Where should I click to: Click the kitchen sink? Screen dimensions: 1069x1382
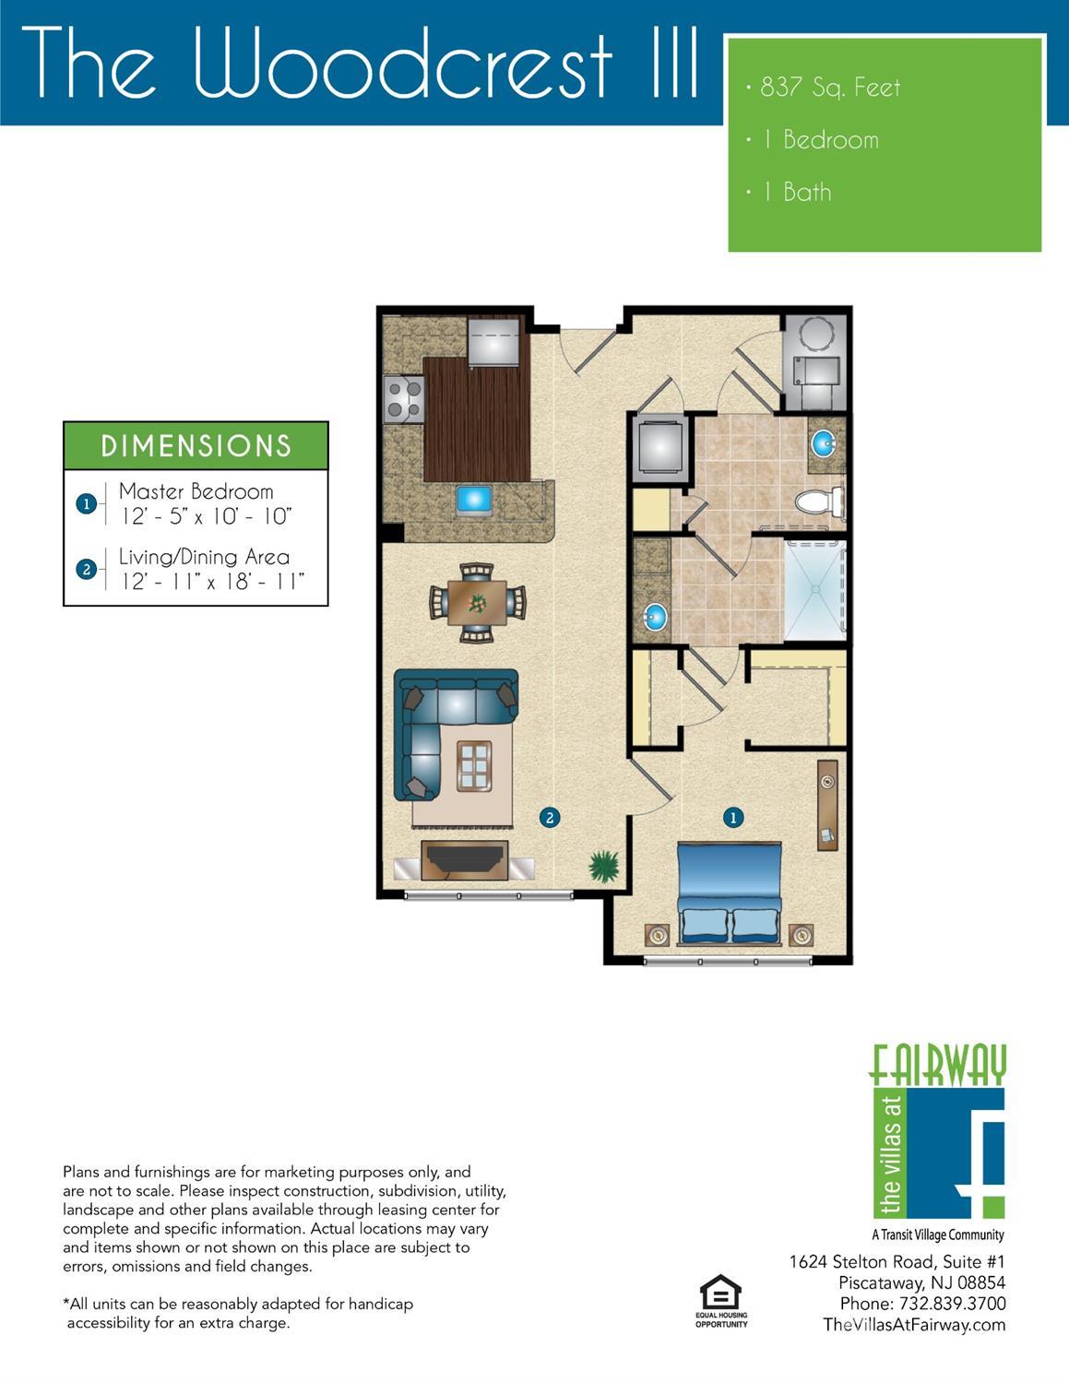[473, 500]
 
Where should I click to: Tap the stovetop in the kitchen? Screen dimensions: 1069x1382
[404, 399]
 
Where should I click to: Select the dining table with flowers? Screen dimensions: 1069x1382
[477, 602]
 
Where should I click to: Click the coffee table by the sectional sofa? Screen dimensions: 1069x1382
[474, 766]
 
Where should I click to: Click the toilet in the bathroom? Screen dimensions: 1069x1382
[820, 502]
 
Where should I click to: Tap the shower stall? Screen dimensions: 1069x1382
[815, 589]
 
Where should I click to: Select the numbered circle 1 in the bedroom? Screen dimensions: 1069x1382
[733, 817]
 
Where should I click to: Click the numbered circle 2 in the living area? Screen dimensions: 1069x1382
[550, 817]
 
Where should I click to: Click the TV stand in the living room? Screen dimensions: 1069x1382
[465, 860]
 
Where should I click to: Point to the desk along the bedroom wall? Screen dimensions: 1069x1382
[827, 805]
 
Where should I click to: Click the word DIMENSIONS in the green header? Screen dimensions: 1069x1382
[196, 446]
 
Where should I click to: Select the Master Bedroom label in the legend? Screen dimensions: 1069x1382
[196, 491]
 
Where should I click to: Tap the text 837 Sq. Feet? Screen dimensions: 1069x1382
[830, 88]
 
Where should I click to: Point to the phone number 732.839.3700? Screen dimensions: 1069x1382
[952, 1304]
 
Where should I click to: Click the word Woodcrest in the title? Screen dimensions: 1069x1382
[402, 65]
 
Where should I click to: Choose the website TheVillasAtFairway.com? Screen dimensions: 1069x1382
[914, 1325]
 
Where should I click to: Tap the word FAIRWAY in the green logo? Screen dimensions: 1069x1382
[937, 1065]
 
